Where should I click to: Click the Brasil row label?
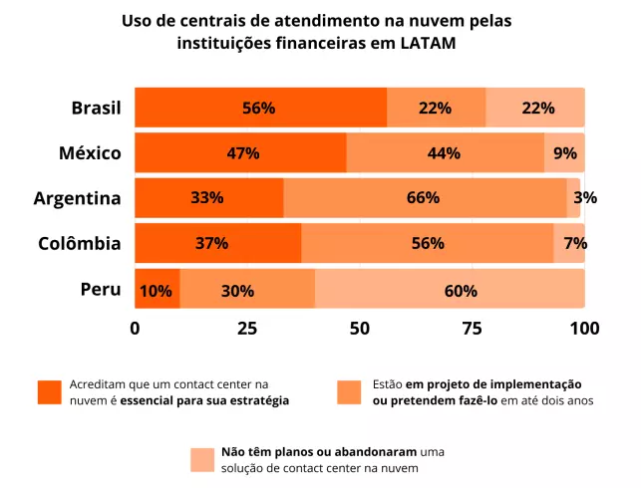pos(96,108)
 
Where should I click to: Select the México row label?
pos(90,152)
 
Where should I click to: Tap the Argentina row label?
pos(77,197)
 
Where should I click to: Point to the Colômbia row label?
pos(80,243)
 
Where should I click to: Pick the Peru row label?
pos(101,290)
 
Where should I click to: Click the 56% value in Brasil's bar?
pos(258,108)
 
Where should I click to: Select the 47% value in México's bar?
pos(243,153)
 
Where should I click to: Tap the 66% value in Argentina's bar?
pos(423,197)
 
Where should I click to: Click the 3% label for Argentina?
pos(585,197)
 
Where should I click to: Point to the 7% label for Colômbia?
pos(575,243)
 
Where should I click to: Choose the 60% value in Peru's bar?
pos(461,291)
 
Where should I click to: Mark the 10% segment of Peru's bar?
pos(157,291)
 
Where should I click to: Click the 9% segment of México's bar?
pos(565,153)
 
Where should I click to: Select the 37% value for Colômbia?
pos(211,243)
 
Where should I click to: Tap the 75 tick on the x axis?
pos(473,328)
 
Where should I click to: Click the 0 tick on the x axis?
pos(135,328)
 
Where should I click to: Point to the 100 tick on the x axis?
pos(583,328)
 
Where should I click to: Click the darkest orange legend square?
pos(50,392)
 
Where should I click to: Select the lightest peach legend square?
pos(202,459)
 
